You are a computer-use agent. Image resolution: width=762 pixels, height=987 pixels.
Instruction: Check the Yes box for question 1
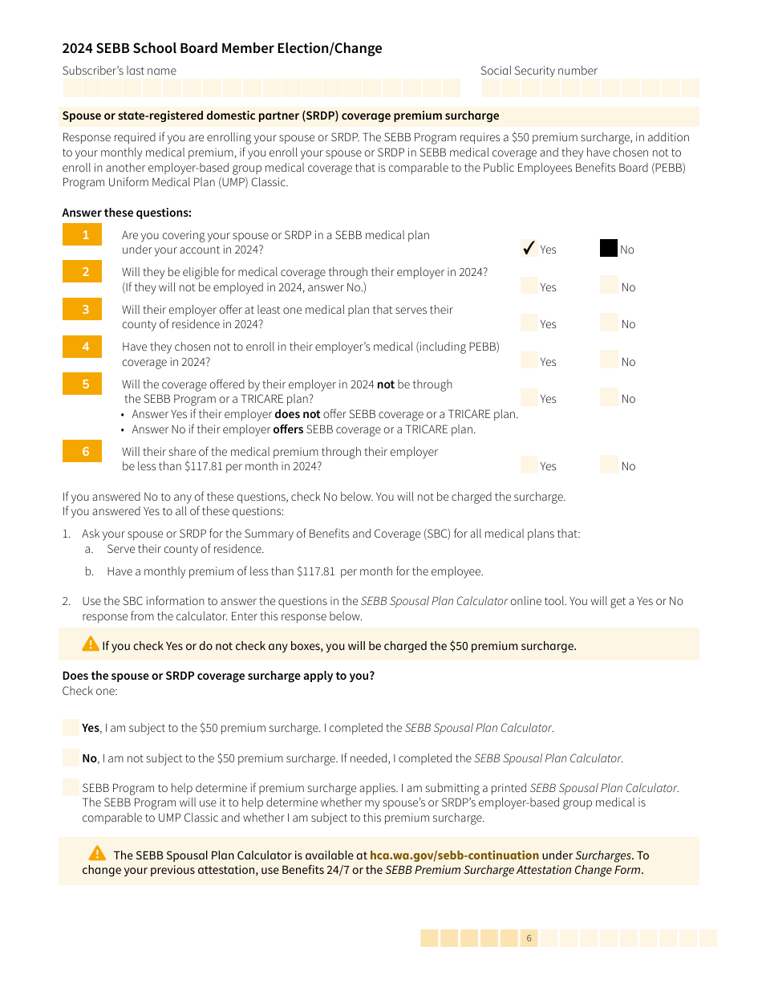click(x=529, y=248)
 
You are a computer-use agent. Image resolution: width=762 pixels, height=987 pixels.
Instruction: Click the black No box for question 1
click(x=609, y=248)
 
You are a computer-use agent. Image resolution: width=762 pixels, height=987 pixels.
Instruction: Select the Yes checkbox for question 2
click(x=529, y=286)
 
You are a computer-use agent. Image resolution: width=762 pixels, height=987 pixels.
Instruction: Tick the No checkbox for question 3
click(x=609, y=323)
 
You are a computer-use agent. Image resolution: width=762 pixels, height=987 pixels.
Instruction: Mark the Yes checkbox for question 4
click(x=529, y=360)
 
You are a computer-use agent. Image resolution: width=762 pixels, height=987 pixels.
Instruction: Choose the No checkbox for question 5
click(x=609, y=397)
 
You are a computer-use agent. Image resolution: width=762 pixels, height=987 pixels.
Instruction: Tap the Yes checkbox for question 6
click(x=529, y=465)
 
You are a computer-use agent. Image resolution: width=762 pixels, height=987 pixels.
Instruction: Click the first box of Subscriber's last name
click(x=72, y=88)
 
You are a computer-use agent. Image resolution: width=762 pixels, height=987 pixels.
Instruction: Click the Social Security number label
click(x=538, y=71)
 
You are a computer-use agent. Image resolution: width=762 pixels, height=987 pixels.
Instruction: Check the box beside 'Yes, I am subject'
click(x=71, y=728)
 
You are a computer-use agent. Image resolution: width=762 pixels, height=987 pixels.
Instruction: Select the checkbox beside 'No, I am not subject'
click(x=71, y=758)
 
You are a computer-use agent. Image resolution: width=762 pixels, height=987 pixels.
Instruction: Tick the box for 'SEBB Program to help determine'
click(x=71, y=788)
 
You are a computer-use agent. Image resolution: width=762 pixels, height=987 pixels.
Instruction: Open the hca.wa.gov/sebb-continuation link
click(x=454, y=855)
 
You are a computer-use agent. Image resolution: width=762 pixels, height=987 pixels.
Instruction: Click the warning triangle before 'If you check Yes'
click(x=90, y=644)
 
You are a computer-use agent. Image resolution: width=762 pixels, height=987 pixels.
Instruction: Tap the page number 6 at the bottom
click(x=529, y=938)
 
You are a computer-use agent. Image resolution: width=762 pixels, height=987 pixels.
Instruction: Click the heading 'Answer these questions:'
click(x=127, y=213)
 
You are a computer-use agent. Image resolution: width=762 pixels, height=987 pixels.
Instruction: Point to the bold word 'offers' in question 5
click(x=288, y=429)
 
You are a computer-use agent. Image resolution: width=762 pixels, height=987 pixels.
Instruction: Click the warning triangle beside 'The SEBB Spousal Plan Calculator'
click(x=97, y=853)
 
